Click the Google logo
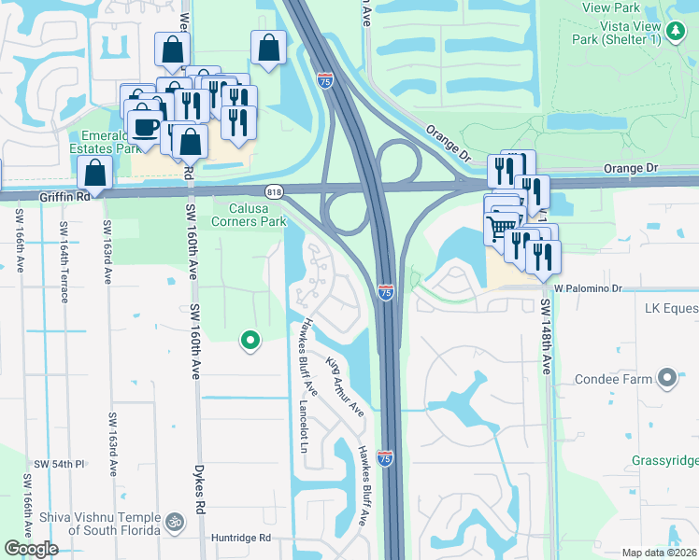pyautogui.click(x=30, y=548)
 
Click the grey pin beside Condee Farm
pyautogui.click(x=666, y=378)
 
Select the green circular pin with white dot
pyautogui.click(x=250, y=342)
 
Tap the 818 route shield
pyautogui.click(x=275, y=192)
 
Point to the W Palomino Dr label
pyautogui.click(x=588, y=289)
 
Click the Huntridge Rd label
pyautogui.click(x=240, y=538)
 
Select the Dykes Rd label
pyautogui.click(x=199, y=491)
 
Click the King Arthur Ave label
pyautogui.click(x=344, y=385)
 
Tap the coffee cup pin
pyautogui.click(x=145, y=127)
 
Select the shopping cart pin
pyautogui.click(x=502, y=227)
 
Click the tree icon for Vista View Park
pyautogui.click(x=676, y=31)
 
